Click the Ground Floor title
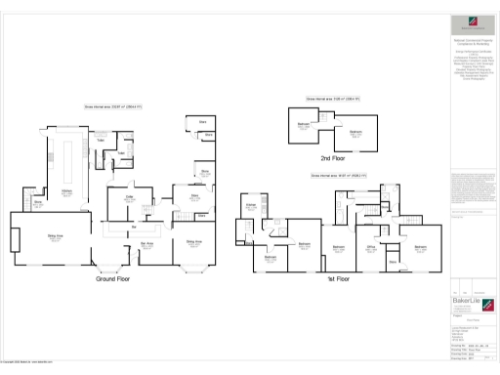(x=113, y=278)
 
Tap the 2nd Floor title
(x=334, y=157)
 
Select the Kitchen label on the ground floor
(x=67, y=192)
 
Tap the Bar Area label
(x=146, y=244)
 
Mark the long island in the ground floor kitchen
(x=68, y=157)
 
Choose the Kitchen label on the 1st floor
(x=250, y=206)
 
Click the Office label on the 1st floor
(x=371, y=247)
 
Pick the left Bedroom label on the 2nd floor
(x=304, y=124)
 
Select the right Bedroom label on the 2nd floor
(x=356, y=133)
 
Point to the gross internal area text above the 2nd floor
(x=333, y=99)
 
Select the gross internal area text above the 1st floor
(x=338, y=175)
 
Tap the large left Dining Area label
(x=43, y=235)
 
